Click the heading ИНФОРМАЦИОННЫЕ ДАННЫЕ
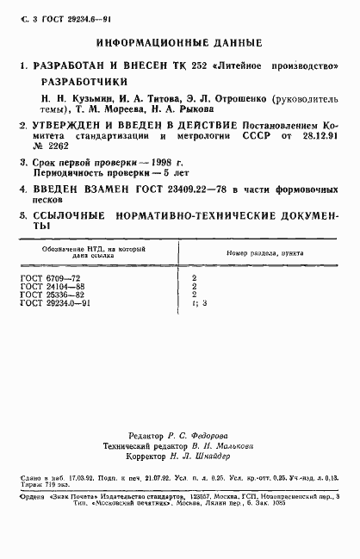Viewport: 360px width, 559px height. pyautogui.click(x=179, y=41)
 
